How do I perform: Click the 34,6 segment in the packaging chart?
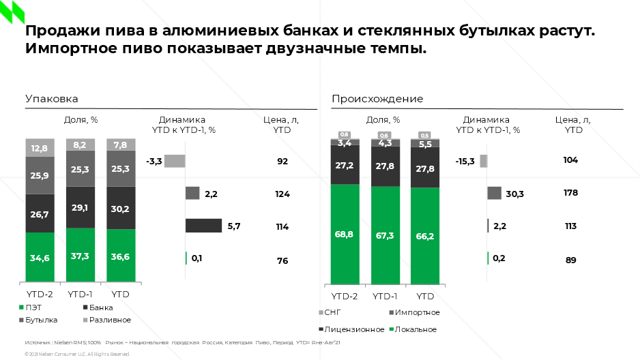(40, 257)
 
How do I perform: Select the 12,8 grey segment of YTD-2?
(40, 148)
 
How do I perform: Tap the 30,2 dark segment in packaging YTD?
(120, 208)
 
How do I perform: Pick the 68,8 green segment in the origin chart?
(345, 234)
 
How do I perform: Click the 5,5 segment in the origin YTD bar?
(425, 144)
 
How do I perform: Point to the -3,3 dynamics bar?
(175, 162)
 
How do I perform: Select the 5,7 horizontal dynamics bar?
(203, 226)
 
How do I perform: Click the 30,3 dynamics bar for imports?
(495, 194)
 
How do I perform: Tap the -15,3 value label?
(466, 162)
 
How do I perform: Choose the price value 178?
(570, 193)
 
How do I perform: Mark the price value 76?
(282, 260)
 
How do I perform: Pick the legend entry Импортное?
(413, 312)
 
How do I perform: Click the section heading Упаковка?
(51, 99)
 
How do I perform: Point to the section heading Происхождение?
(377, 99)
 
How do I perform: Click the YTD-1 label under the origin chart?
(385, 296)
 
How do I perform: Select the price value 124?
(282, 194)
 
